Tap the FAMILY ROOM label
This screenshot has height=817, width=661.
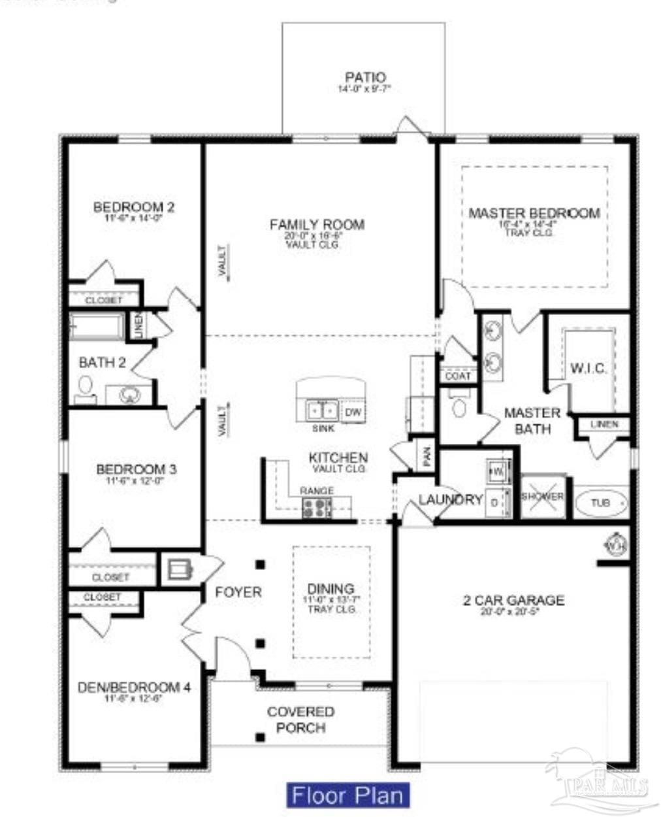(317, 225)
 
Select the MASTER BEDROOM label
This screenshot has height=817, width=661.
(534, 213)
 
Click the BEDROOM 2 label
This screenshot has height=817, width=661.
(133, 207)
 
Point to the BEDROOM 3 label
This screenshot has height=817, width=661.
(136, 469)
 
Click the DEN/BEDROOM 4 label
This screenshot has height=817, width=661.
(134, 687)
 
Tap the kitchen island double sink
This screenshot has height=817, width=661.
(323, 411)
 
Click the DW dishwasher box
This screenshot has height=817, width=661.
(353, 412)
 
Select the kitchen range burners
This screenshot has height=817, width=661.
(317, 507)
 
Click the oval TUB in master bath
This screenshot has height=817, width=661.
(600, 503)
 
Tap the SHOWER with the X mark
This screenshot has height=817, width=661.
(542, 497)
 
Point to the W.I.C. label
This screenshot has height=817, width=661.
(588, 369)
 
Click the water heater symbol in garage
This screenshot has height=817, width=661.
(616, 544)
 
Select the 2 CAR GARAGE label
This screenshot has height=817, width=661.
(513, 600)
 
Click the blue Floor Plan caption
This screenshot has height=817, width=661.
(349, 795)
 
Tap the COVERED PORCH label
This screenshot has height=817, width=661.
(300, 720)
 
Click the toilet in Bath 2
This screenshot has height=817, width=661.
(84, 389)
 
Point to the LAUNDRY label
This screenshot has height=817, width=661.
(451, 500)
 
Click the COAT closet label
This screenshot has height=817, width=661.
(458, 376)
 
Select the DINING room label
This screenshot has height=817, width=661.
(331, 589)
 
